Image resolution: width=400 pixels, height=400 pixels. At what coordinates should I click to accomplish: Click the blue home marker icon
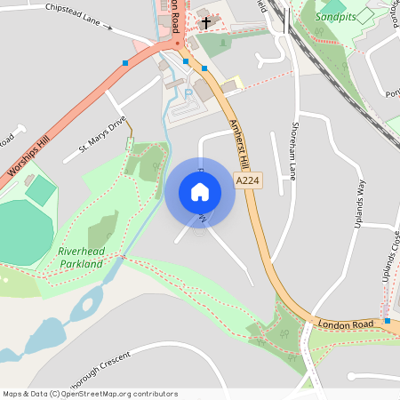point(200,191)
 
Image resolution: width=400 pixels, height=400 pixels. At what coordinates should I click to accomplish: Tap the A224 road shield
point(248,180)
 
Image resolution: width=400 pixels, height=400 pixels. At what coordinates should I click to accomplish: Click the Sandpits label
point(340,15)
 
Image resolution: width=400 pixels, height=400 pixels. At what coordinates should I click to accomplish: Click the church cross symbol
point(206,22)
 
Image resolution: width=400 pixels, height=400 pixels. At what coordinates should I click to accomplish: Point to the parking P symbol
point(188,92)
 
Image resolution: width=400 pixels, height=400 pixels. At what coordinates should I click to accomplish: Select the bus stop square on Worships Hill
point(125,62)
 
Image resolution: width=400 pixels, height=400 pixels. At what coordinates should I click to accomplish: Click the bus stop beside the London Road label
point(388,320)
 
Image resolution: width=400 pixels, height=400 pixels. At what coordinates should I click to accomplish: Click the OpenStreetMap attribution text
point(89,393)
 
